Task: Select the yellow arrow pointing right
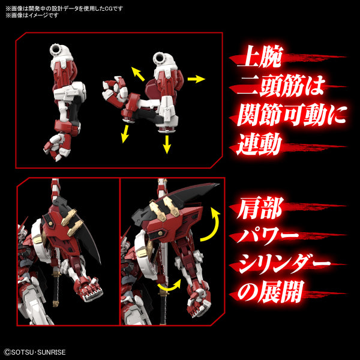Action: (x=196, y=79)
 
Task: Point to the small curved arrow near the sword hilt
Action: (x=166, y=288)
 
